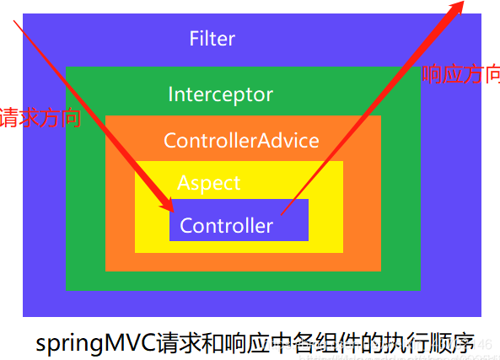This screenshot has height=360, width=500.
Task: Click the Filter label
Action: point(212,39)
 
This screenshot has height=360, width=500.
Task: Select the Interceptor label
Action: point(220,94)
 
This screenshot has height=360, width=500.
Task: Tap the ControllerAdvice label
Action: point(241,140)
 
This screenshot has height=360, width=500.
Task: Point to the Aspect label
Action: point(208,183)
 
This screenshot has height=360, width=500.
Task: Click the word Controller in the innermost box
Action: point(226,226)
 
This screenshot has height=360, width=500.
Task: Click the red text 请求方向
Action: point(40,117)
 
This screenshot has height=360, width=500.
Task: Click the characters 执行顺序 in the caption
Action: point(435,343)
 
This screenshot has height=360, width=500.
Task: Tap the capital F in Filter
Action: point(194,39)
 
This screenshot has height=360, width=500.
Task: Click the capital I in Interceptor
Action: point(171,94)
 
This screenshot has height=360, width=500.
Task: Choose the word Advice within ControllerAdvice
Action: point(289,140)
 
